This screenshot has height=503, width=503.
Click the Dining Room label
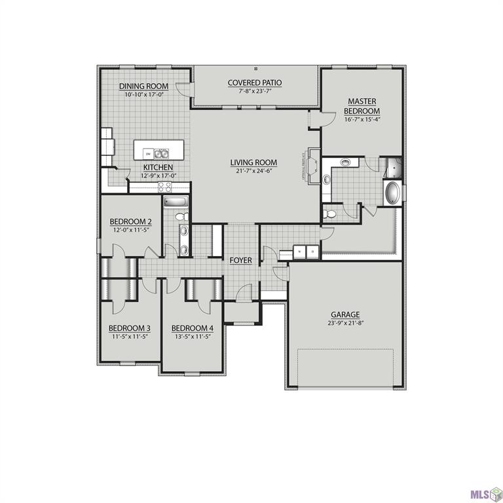(x=143, y=86)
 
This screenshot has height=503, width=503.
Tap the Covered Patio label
(x=255, y=83)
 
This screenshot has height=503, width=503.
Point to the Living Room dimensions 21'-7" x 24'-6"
(x=253, y=170)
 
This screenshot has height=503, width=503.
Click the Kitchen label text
(x=158, y=168)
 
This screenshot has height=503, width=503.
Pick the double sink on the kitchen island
(x=161, y=154)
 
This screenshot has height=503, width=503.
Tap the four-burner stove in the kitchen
(x=164, y=186)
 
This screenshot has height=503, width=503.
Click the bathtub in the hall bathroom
(x=176, y=202)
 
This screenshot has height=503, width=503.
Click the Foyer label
(x=240, y=260)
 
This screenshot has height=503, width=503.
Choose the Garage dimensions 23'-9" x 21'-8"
(x=345, y=323)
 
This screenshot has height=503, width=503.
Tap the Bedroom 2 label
(x=130, y=221)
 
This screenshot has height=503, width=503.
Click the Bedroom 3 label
(x=130, y=328)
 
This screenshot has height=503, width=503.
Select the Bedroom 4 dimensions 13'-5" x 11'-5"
(x=193, y=337)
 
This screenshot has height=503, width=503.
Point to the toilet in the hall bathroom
(x=182, y=215)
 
